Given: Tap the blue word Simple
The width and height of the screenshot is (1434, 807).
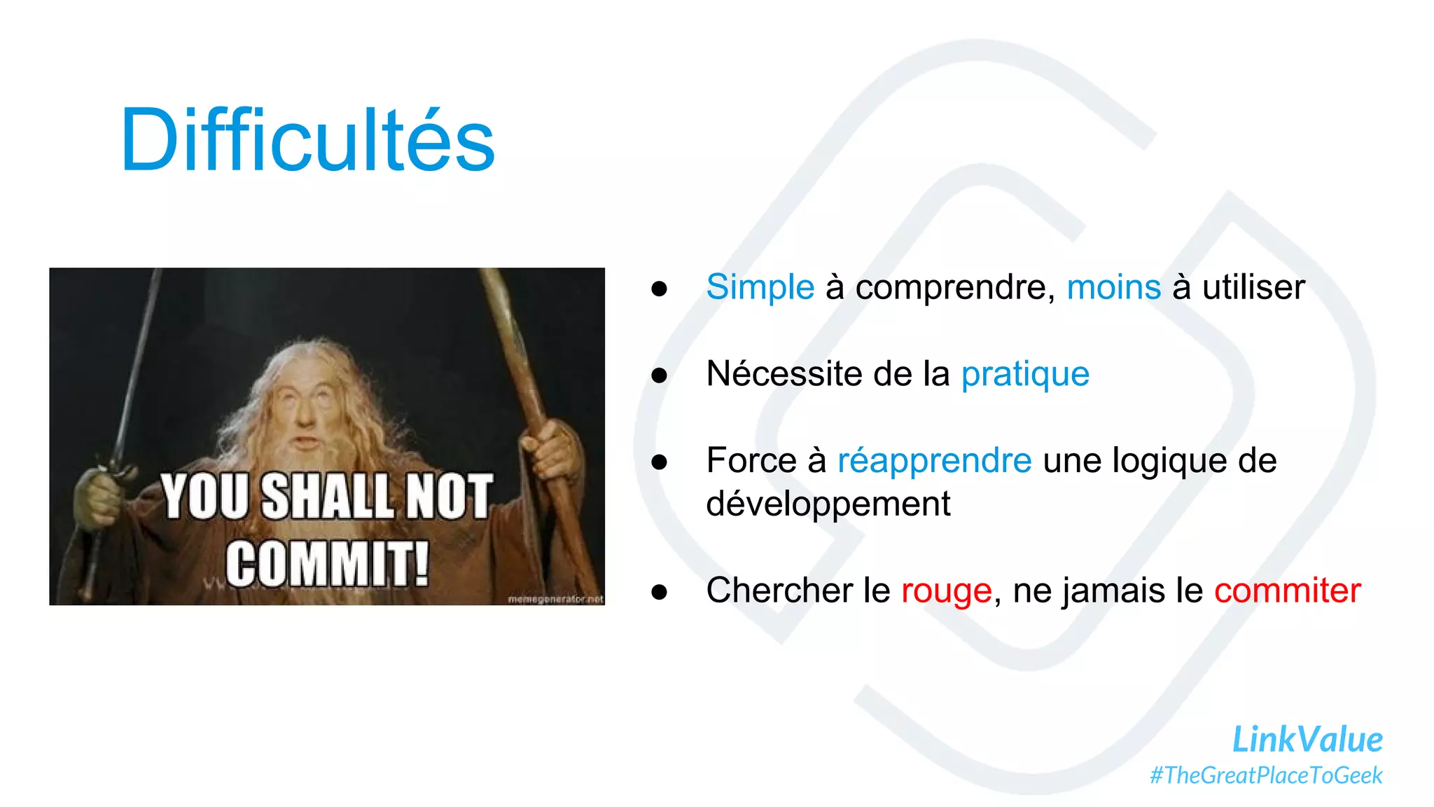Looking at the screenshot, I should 760,287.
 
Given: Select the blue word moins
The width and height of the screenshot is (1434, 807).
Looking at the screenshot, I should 1113,287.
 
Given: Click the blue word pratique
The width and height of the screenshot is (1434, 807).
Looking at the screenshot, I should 1024,374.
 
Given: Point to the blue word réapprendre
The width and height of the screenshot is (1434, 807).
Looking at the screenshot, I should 934,461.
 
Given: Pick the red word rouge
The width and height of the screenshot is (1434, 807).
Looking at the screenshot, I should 946,591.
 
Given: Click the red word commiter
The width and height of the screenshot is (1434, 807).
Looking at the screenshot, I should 1287,591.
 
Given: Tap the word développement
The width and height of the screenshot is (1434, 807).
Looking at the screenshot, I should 828,504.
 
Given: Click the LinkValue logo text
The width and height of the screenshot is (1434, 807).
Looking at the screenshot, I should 1307,740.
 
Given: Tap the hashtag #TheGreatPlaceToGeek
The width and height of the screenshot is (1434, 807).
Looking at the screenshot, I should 1266,775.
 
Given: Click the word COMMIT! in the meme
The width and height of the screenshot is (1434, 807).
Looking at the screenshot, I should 327,563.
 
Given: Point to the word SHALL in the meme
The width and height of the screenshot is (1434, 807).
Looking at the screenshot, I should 328,497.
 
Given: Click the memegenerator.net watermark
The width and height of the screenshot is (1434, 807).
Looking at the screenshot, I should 555,599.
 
